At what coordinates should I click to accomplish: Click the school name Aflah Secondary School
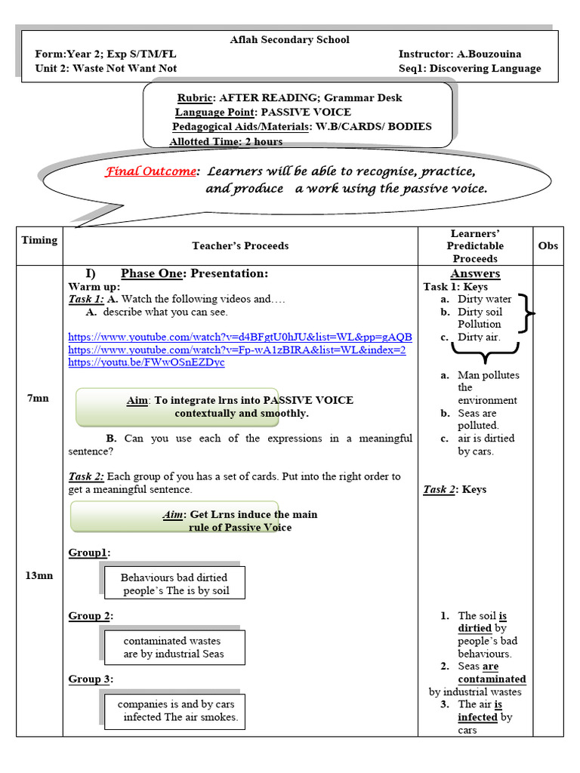click(x=289, y=39)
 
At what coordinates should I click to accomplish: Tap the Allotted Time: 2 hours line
click(x=226, y=141)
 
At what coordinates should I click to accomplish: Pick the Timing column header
click(x=39, y=240)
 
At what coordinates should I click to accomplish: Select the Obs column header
click(x=548, y=245)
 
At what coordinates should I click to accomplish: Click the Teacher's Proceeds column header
click(x=240, y=245)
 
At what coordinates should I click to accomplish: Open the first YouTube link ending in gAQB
click(x=240, y=337)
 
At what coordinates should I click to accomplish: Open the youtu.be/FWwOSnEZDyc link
click(x=146, y=362)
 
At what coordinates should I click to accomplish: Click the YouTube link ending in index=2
click(x=236, y=350)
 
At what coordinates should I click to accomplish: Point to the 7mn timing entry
click(x=38, y=398)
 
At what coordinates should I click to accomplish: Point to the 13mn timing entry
click(x=39, y=575)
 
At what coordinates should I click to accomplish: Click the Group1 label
click(x=89, y=553)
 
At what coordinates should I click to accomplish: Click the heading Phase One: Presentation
click(x=194, y=273)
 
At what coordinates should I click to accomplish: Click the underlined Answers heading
click(x=475, y=273)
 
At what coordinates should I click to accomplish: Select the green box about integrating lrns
click(x=177, y=407)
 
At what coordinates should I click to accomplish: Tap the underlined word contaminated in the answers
click(x=492, y=679)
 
